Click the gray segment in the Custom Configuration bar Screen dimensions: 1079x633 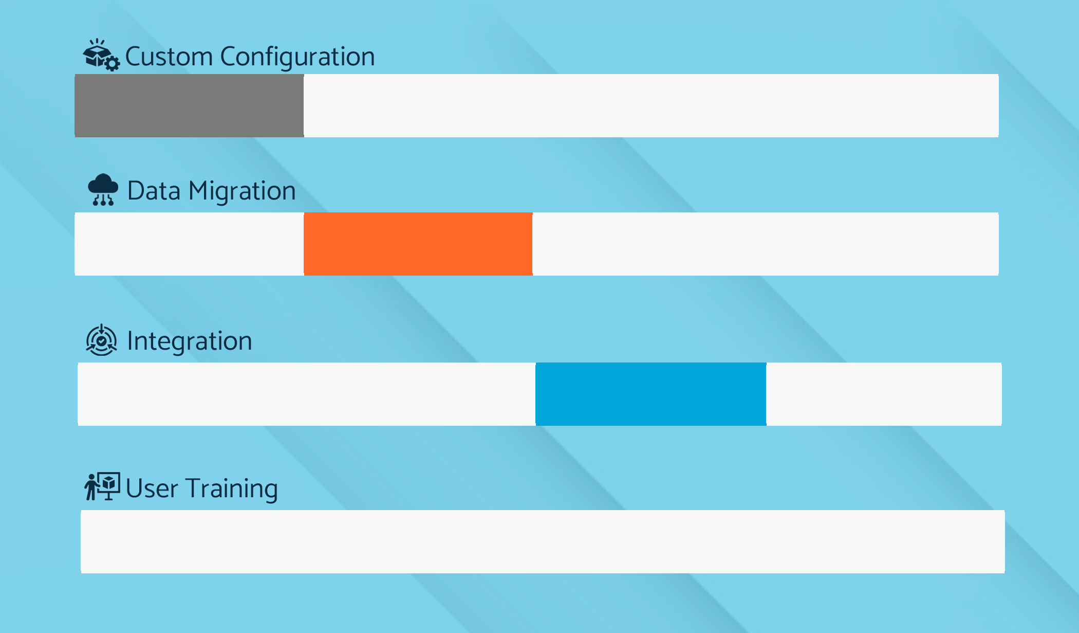tap(189, 105)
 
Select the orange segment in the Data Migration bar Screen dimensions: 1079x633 tap(418, 244)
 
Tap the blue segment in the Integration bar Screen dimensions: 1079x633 tap(651, 394)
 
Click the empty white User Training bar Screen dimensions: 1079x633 tap(543, 541)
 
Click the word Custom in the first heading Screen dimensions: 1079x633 tap(169, 56)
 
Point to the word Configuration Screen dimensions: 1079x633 tap(297, 57)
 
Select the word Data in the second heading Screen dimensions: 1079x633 tap(154, 191)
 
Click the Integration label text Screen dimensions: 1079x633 tap(190, 341)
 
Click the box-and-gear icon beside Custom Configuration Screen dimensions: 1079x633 tap(102, 55)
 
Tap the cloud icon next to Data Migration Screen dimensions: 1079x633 tap(103, 190)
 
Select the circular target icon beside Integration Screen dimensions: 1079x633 tap(102, 340)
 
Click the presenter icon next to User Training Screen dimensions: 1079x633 tap(102, 486)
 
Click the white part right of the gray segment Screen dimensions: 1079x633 tap(651, 105)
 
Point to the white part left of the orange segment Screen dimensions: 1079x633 tap(189, 244)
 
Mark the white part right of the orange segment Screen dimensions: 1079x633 tap(766, 244)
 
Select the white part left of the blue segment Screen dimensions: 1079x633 tap(306, 394)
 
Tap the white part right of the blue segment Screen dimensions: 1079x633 tap(884, 394)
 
